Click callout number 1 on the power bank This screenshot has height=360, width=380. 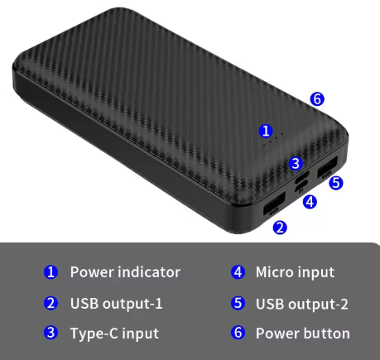pyautogui.click(x=266, y=131)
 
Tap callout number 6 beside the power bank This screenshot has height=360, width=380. pyautogui.click(x=317, y=99)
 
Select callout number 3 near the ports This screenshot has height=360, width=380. pyautogui.click(x=296, y=163)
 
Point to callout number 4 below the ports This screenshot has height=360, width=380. pyautogui.click(x=310, y=202)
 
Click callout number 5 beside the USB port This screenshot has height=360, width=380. pyautogui.click(x=336, y=183)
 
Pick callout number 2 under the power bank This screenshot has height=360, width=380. pyautogui.click(x=280, y=228)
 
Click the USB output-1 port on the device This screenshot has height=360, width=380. pyautogui.click(x=274, y=203)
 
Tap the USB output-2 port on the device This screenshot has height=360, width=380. pyautogui.click(x=328, y=166)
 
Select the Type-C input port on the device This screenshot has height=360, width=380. pyautogui.click(x=302, y=177)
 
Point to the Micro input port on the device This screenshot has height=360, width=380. pyautogui.click(x=301, y=185)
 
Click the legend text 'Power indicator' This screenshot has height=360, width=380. pyautogui.click(x=125, y=272)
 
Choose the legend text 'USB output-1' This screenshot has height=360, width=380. pyautogui.click(x=117, y=304)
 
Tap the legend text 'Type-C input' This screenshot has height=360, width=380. pyautogui.click(x=114, y=334)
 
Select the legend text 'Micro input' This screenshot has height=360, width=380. pyautogui.click(x=295, y=272)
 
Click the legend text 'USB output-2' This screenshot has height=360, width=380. pyautogui.click(x=302, y=304)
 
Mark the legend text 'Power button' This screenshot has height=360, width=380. pyautogui.click(x=303, y=334)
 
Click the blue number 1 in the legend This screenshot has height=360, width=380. pyautogui.click(x=51, y=272)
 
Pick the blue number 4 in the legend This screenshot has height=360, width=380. pyautogui.click(x=238, y=272)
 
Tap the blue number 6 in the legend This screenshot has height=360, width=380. pyautogui.click(x=238, y=332)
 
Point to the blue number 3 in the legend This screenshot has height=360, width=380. pyautogui.click(x=51, y=332)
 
